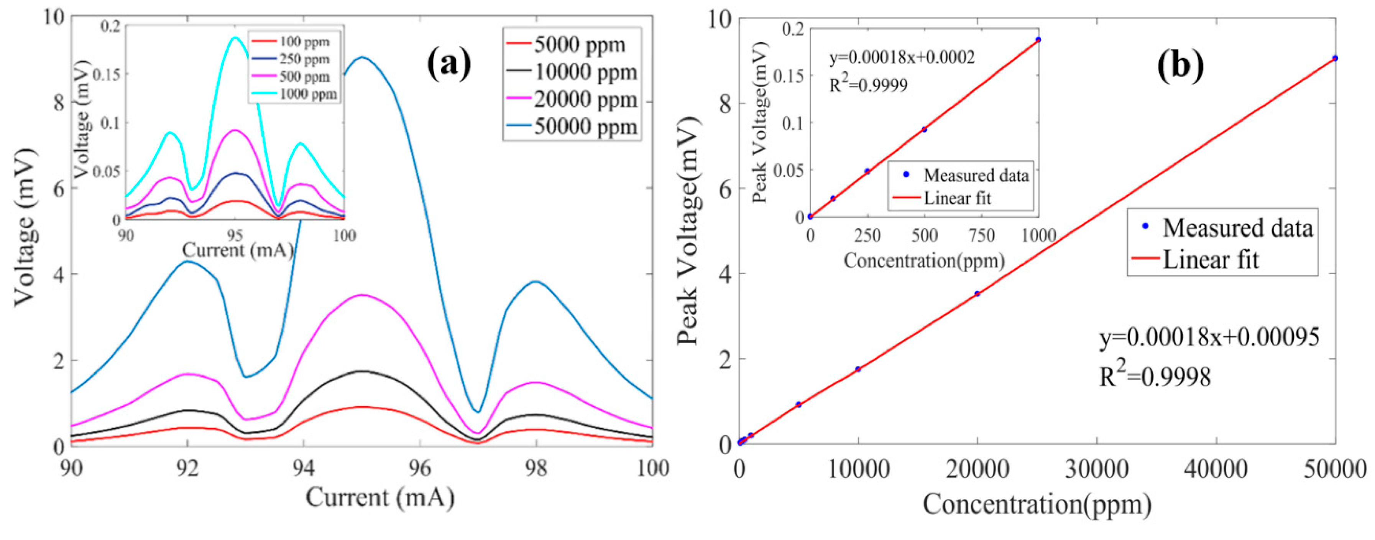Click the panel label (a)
point(449,63)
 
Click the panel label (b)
point(1180,65)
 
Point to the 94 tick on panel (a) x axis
point(304,468)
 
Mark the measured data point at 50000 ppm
point(1334,58)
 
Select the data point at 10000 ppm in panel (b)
point(858,369)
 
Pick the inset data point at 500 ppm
point(924,129)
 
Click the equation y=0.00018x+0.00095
point(1209,337)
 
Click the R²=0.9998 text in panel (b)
point(1155,375)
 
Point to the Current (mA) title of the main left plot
point(380,498)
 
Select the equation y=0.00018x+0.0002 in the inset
point(902,57)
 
